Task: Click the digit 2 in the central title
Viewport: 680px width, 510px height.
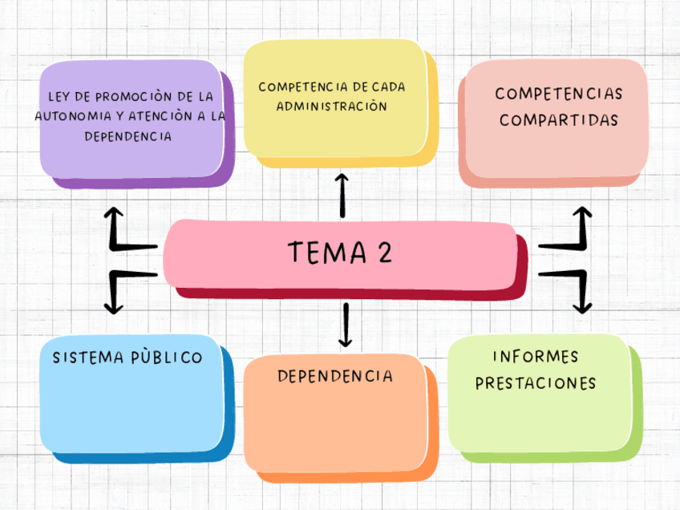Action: point(384,253)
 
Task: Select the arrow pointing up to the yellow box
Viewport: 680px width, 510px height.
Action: point(342,195)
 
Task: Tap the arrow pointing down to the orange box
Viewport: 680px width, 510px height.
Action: point(346,325)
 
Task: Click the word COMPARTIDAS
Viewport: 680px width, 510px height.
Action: point(559,120)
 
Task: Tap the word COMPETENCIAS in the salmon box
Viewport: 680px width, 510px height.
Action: point(559,94)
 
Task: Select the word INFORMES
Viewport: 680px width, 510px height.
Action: point(535,356)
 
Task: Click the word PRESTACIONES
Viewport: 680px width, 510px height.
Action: point(536,383)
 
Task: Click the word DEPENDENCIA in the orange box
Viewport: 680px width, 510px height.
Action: point(335,376)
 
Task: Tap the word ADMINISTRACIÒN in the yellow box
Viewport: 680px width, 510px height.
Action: point(332,106)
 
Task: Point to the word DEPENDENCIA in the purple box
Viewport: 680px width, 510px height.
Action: point(128,136)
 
